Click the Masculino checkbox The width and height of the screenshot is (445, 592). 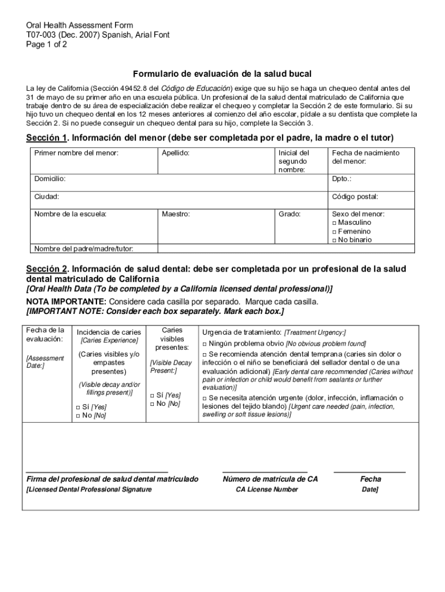tap(335, 223)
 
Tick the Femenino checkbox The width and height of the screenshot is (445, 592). tap(335, 231)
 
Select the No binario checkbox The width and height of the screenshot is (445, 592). tap(335, 240)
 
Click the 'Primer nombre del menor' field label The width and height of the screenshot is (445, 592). tap(76, 153)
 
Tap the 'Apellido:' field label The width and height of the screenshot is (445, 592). tap(176, 153)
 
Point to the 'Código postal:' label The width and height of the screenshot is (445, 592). tap(355, 197)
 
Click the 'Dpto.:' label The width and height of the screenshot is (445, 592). tap(342, 179)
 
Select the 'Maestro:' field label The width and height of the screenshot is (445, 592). tap(176, 214)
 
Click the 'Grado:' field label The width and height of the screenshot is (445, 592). tap(290, 214)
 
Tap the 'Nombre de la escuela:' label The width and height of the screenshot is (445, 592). tap(70, 214)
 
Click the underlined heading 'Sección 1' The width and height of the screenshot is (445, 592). tap(47, 138)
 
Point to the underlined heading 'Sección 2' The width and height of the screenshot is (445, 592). tap(47, 269)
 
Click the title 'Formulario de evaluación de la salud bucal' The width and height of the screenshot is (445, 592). tap(222, 74)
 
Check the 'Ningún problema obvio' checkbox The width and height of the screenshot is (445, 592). tap(205, 343)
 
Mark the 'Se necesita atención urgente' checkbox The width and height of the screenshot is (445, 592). tap(205, 398)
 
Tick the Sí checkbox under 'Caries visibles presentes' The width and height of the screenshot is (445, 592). tap(152, 395)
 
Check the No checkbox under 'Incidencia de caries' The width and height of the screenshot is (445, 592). tap(78, 416)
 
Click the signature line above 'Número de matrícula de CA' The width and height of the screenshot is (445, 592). tap(265, 472)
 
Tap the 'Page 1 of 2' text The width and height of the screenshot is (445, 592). tap(47, 44)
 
